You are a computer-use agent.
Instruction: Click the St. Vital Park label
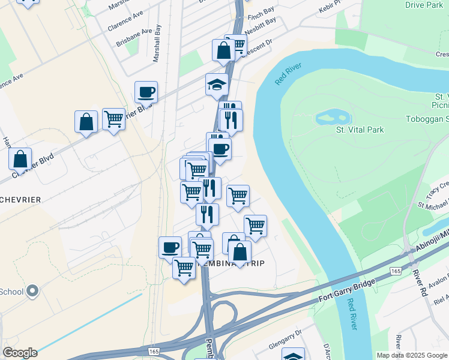[359, 130]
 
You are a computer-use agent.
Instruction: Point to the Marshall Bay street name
[157, 44]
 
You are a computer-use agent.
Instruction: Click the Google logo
[19, 353]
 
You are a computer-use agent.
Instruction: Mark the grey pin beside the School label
[32, 292]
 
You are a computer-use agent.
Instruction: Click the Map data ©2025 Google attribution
[411, 355]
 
